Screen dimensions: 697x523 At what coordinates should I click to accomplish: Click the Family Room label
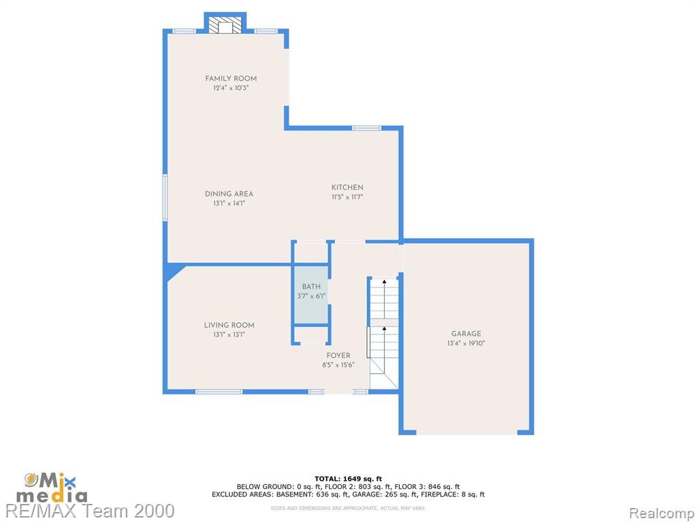231,78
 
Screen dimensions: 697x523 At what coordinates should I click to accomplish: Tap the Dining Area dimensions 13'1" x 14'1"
229,203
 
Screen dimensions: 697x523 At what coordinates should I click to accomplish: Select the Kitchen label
347,187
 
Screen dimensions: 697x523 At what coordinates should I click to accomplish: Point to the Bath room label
311,287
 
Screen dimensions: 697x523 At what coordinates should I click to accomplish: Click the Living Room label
229,325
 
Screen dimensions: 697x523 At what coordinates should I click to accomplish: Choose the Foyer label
338,355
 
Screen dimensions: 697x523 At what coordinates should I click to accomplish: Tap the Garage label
466,334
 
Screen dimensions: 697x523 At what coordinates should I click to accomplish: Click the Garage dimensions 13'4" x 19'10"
466,343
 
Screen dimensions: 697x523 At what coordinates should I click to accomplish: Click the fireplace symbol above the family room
225,25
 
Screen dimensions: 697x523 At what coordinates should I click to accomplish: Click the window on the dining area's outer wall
165,197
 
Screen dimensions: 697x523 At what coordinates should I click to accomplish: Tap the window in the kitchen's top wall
366,128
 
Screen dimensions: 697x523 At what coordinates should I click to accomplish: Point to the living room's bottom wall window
218,392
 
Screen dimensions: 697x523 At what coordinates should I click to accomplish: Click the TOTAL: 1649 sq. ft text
348,479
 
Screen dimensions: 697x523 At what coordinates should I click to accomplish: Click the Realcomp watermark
661,513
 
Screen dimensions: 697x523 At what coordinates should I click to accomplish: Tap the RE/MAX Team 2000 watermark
91,511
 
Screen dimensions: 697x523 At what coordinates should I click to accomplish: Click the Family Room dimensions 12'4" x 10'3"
231,88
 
